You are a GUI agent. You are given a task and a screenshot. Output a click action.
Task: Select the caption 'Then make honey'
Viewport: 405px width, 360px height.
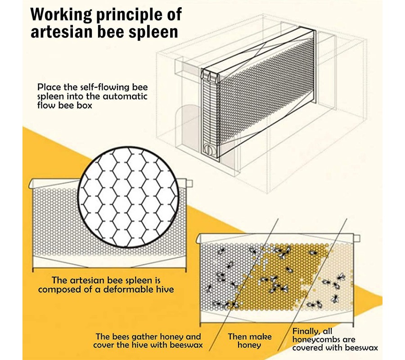249,341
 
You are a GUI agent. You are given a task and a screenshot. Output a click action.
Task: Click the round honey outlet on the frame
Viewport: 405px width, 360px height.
208,148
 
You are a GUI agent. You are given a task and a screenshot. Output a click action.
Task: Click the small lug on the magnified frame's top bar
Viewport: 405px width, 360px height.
189,184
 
